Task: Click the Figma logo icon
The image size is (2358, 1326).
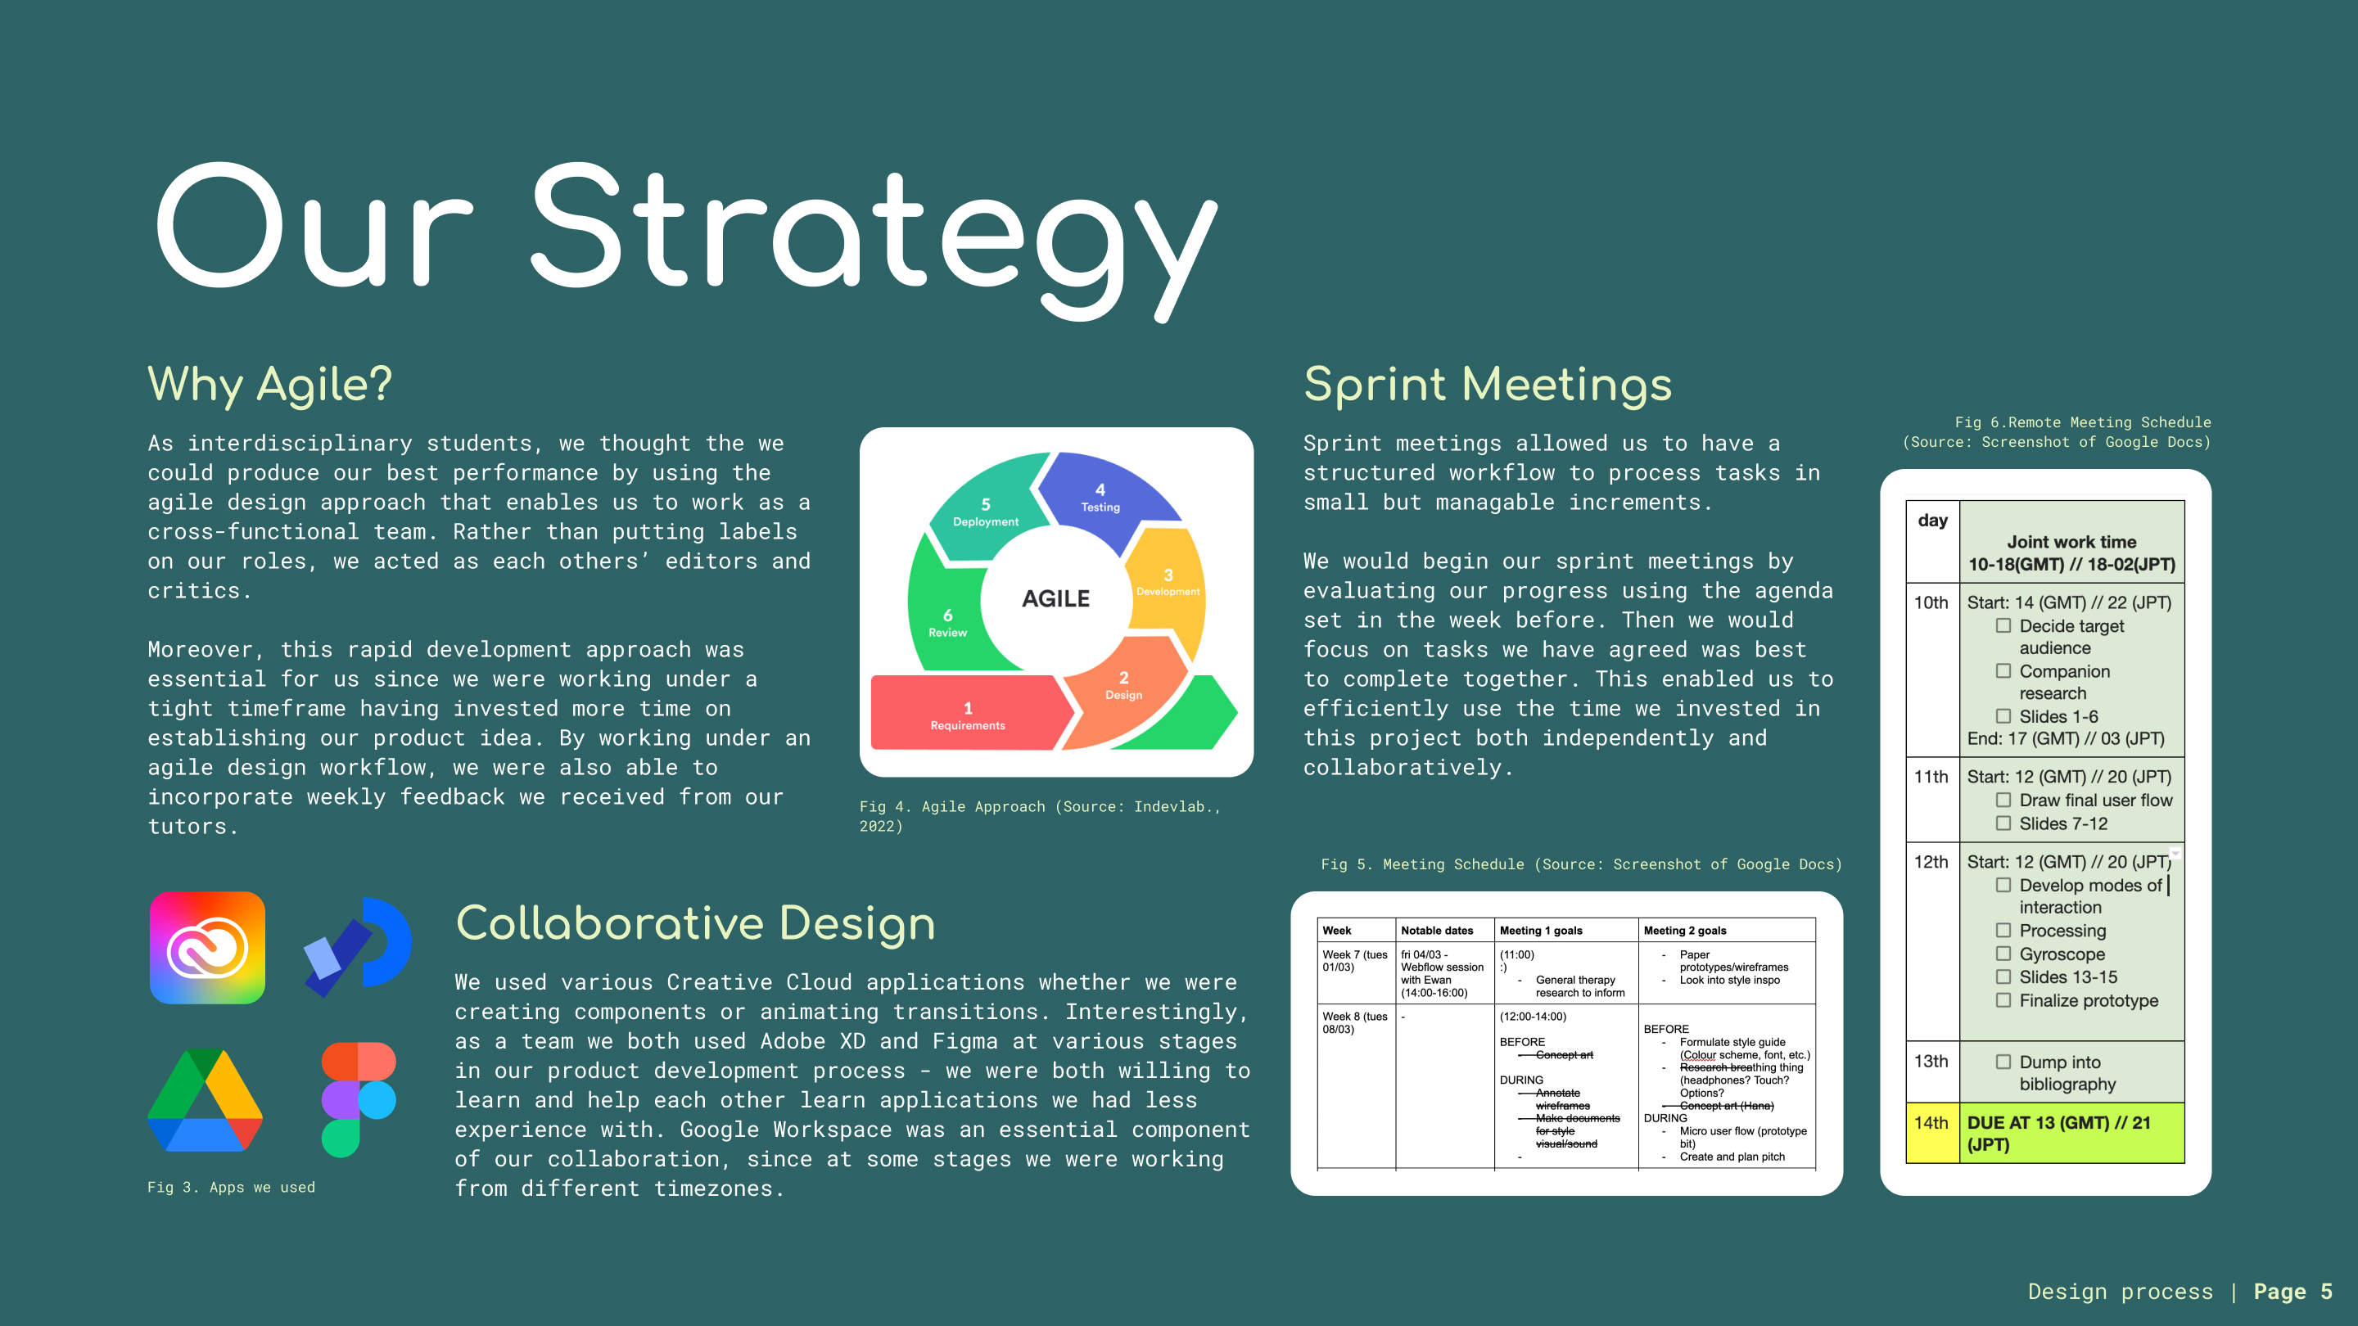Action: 358,1099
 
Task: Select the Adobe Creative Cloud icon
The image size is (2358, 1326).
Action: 208,947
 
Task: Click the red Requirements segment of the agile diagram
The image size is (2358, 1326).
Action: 969,713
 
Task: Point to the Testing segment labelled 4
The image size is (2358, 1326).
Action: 1103,498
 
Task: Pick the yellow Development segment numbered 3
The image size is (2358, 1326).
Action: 1167,586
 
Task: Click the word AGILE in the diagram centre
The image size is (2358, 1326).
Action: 1055,598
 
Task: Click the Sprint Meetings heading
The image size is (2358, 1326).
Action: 1488,385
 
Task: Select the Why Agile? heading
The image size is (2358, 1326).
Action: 270,385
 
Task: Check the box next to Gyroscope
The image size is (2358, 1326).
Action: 2003,954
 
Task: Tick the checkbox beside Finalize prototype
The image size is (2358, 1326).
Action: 2003,1000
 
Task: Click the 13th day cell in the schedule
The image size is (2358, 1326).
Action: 1932,1071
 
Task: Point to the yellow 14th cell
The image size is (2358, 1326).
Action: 1932,1133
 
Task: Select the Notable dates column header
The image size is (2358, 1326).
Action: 1437,931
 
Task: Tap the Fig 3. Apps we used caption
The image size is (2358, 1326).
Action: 232,1187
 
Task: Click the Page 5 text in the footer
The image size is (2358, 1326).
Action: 2293,1292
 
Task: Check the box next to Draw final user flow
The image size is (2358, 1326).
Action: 2003,800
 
